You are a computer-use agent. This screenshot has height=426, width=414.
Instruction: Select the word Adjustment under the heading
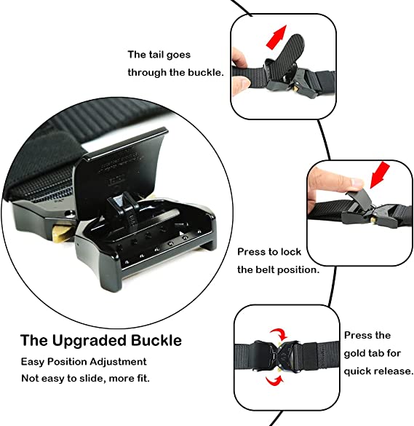coord(118,362)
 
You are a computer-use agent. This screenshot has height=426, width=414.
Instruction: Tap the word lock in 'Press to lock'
coord(291,252)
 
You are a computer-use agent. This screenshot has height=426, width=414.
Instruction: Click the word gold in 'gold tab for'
coord(354,354)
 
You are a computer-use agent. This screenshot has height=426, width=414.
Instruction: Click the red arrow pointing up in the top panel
coord(276,37)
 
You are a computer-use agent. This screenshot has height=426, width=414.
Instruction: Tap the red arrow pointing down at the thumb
coord(380,175)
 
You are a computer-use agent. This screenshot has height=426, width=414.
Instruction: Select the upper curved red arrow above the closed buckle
coord(279,334)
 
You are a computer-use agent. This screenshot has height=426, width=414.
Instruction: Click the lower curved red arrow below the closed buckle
coord(274,381)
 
